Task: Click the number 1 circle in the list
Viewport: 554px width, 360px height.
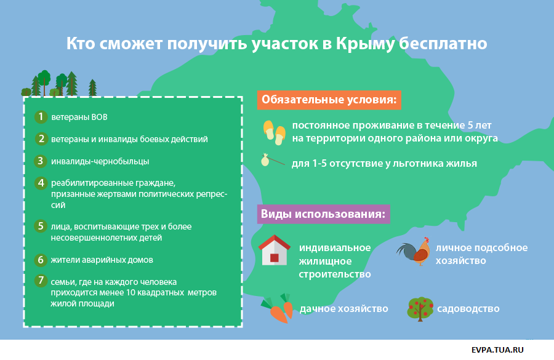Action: pyautogui.click(x=41, y=116)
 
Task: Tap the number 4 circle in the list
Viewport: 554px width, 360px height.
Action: pyautogui.click(x=41, y=183)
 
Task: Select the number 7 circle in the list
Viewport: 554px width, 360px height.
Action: pyautogui.click(x=41, y=281)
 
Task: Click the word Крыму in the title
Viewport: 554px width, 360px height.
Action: pyautogui.click(x=364, y=44)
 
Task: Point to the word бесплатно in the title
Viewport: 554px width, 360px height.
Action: pyautogui.click(x=443, y=44)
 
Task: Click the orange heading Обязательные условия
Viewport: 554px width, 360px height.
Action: pyautogui.click(x=329, y=100)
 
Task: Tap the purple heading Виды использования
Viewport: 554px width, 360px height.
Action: pyautogui.click(x=323, y=214)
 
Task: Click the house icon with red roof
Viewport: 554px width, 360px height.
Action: pyautogui.click(x=275, y=250)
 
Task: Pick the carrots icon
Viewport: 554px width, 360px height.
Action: pyautogui.click(x=278, y=308)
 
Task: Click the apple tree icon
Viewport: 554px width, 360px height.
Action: pyautogui.click(x=420, y=309)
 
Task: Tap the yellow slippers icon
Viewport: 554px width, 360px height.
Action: pyautogui.click(x=274, y=132)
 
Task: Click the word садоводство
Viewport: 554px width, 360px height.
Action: pyautogui.click(x=468, y=309)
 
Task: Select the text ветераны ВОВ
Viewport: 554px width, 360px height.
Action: pyautogui.click(x=79, y=117)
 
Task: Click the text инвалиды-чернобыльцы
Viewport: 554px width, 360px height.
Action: pyautogui.click(x=100, y=161)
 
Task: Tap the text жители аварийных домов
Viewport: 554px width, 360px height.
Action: pyautogui.click(x=102, y=260)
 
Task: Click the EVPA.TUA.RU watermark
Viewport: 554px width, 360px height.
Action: pyautogui.click(x=497, y=350)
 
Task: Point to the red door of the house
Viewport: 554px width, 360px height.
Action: pyautogui.click(x=275, y=258)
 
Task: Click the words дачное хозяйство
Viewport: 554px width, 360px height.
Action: pyautogui.click(x=343, y=309)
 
